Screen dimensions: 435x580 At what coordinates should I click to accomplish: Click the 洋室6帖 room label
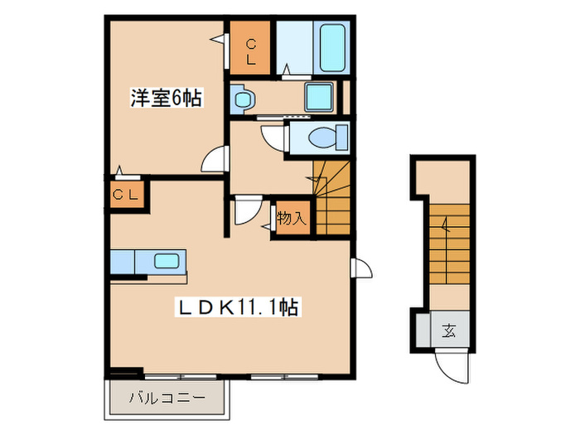167,97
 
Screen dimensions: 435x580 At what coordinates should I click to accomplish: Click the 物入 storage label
292,219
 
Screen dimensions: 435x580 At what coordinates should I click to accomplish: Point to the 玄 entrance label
449,332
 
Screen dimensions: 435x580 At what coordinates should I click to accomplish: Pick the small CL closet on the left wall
127,196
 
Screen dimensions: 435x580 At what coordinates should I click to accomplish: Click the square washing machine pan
318,98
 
